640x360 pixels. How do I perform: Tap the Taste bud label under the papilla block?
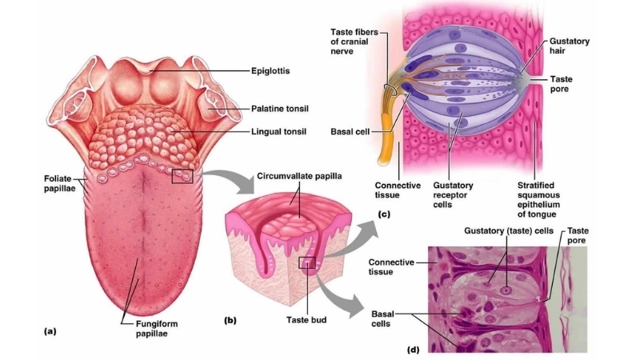point(307,319)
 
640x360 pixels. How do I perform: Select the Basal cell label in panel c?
point(349,132)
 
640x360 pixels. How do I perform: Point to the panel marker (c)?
point(382,214)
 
